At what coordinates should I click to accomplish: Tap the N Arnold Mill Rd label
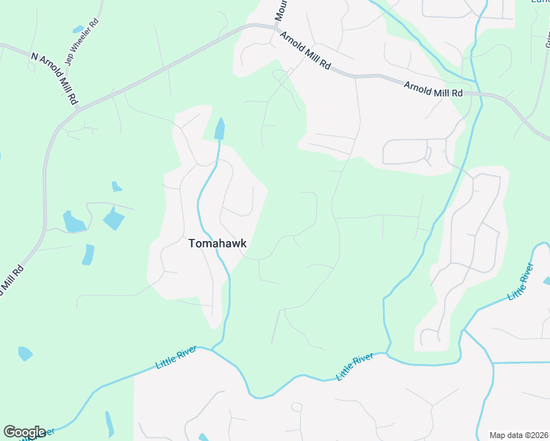[55, 78]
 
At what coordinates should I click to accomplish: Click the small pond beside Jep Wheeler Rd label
[78, 29]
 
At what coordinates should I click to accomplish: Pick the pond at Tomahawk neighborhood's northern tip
[218, 130]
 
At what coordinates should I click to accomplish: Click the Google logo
[24, 432]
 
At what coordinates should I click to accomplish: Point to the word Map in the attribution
[498, 434]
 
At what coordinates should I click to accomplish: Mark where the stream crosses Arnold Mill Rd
[481, 94]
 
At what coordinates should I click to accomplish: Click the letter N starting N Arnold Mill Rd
[34, 57]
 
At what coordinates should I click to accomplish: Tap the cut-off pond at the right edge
[546, 281]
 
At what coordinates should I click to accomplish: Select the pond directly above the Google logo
[24, 353]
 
